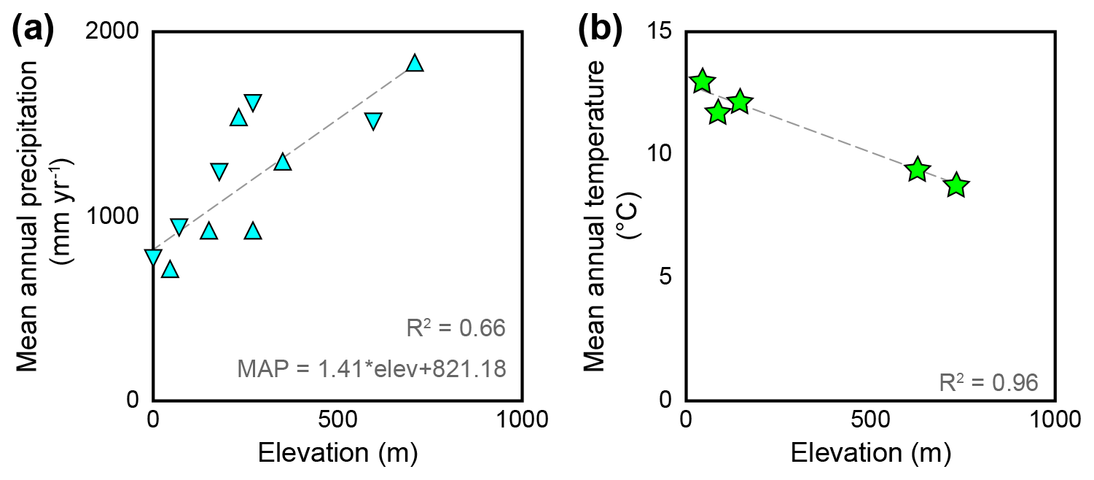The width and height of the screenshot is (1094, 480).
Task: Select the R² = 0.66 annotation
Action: [x=455, y=329]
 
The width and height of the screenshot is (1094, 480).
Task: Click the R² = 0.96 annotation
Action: [x=988, y=382]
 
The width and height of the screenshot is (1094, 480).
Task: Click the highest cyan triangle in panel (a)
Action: [x=415, y=63]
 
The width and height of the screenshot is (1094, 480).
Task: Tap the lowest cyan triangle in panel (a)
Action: [x=170, y=270]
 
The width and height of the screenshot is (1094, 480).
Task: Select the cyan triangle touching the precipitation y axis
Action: [x=153, y=257]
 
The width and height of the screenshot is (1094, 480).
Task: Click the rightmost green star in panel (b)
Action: [x=956, y=186]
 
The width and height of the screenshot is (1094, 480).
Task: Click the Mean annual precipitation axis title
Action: [x=40, y=216]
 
